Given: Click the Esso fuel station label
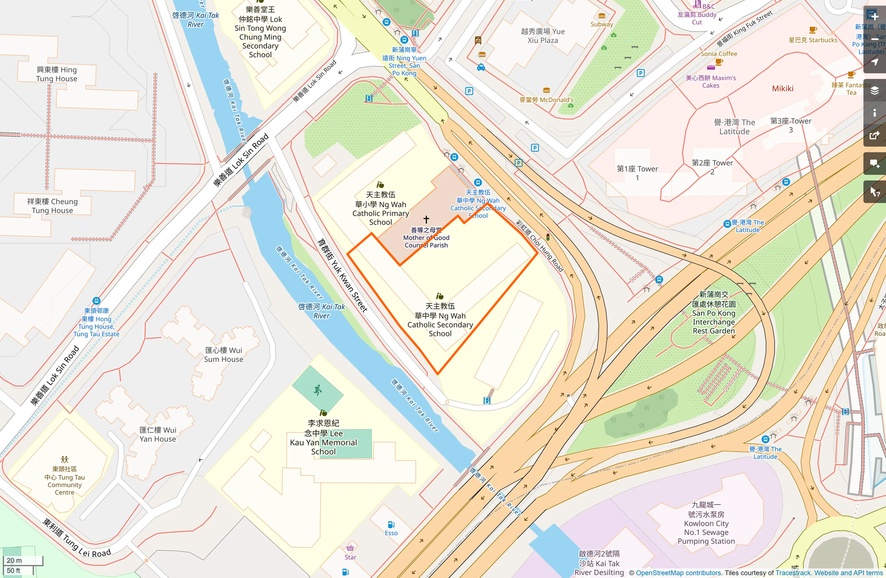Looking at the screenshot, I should pos(391,533).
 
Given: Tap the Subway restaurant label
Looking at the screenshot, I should pos(601,24).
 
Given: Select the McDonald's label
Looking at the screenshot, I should pos(546,100).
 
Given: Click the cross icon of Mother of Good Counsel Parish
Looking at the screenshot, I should pos(426,219).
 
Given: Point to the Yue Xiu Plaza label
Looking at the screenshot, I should pos(543,36).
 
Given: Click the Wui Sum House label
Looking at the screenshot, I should pos(223,355).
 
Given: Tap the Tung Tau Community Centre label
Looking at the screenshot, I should pos(64,481).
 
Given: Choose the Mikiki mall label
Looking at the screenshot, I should pos(783,88).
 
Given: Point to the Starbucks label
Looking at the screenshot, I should pos(813,40).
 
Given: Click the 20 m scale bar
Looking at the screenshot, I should pos(22,560).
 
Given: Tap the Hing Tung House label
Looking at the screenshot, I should pos(57,74).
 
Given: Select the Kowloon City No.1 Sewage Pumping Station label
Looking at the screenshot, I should pos(706,523).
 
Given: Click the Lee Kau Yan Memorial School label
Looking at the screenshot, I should pos(324,437).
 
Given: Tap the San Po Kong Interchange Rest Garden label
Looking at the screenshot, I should pos(713,312).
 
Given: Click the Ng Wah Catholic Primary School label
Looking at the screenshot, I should pos(380,208).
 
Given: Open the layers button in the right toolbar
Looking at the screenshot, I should pos(874,90).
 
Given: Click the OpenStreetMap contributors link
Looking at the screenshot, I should pos(678,573).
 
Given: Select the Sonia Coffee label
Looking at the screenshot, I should pos(719,54).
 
